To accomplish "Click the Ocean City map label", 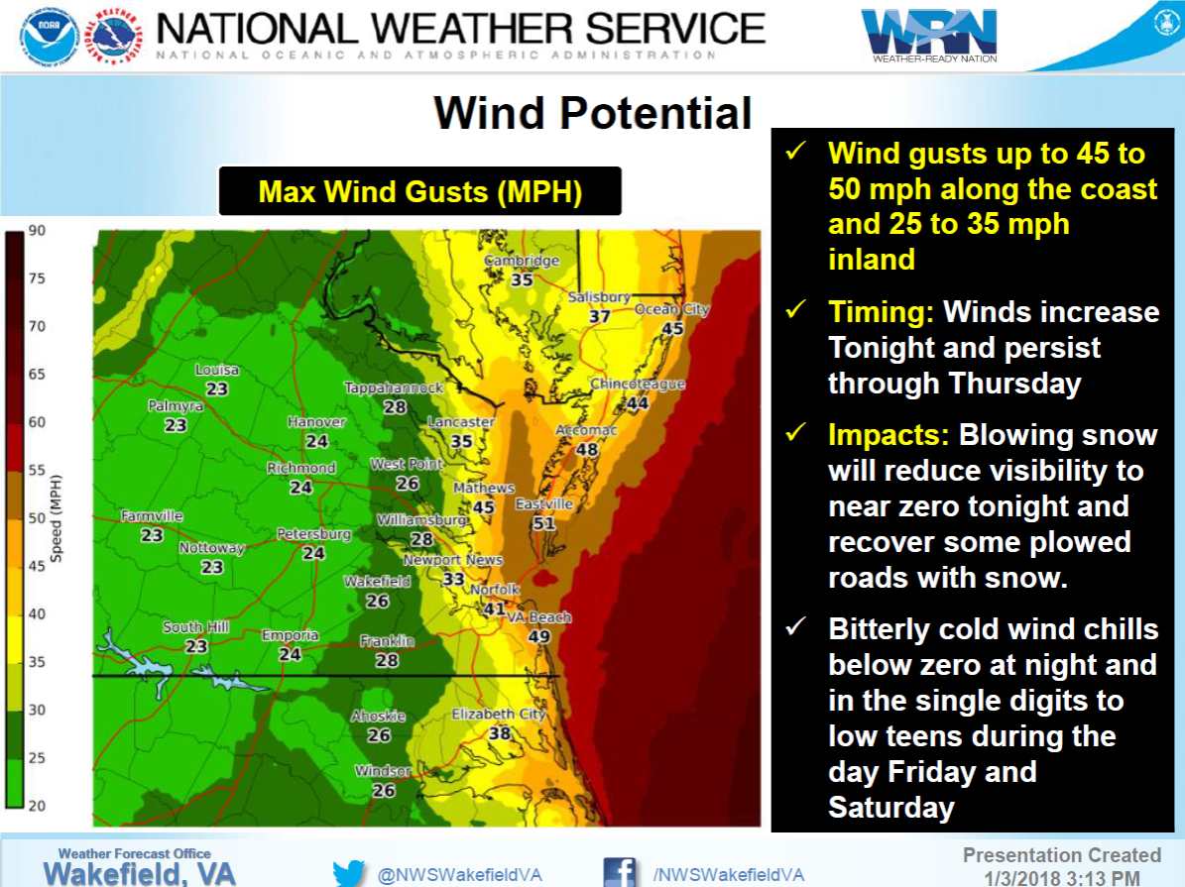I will pos(672,309).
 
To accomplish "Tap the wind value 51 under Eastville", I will pos(543,523).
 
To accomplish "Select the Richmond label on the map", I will pos(301,468).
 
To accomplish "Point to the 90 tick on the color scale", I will pos(36,231).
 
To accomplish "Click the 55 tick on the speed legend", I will pos(36,471).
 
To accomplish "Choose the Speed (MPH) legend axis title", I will pos(58,518).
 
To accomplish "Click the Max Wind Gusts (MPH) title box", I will pos(419,190).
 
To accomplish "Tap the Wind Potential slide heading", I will pos(593,113).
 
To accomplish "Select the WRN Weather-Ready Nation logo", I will pos(928,35).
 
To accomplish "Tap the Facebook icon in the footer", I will pos(620,873).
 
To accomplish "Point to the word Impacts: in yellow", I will pos(889,435).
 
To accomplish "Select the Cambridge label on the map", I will pos(522,261).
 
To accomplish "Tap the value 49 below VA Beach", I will pos(538,636).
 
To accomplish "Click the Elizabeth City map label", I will pos(499,714).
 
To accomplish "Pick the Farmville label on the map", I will pos(152,516).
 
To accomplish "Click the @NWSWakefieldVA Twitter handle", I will pos(446,874).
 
